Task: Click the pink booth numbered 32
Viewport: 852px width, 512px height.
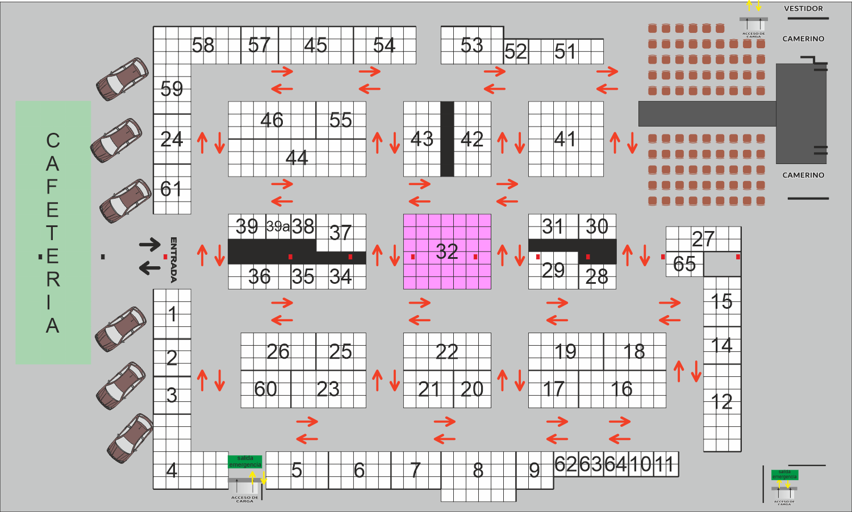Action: coord(447,251)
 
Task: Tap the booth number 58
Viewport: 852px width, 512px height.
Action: coord(203,45)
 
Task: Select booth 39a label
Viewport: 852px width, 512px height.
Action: coord(278,226)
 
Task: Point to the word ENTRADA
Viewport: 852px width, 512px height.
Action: coord(174,259)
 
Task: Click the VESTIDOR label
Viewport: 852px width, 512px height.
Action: coord(803,9)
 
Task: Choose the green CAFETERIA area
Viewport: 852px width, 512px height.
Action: coord(53,232)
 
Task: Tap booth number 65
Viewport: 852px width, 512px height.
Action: coord(684,264)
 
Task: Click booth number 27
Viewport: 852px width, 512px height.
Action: coord(703,239)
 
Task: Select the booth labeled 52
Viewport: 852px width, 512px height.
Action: coord(516,52)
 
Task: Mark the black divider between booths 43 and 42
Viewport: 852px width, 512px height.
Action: coord(447,139)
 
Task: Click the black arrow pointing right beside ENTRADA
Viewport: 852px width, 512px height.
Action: coord(150,245)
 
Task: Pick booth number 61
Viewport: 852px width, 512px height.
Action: coord(171,188)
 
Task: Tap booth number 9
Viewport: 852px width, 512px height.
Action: coord(534,470)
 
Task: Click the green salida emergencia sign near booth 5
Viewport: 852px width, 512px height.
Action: coord(245,461)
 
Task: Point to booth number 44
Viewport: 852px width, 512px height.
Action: coord(296,157)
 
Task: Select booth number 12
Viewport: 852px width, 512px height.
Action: coord(721,402)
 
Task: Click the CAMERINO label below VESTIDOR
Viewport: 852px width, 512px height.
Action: coord(803,39)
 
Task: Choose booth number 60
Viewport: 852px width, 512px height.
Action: coord(265,389)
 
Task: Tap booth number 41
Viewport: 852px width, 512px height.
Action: coord(565,139)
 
